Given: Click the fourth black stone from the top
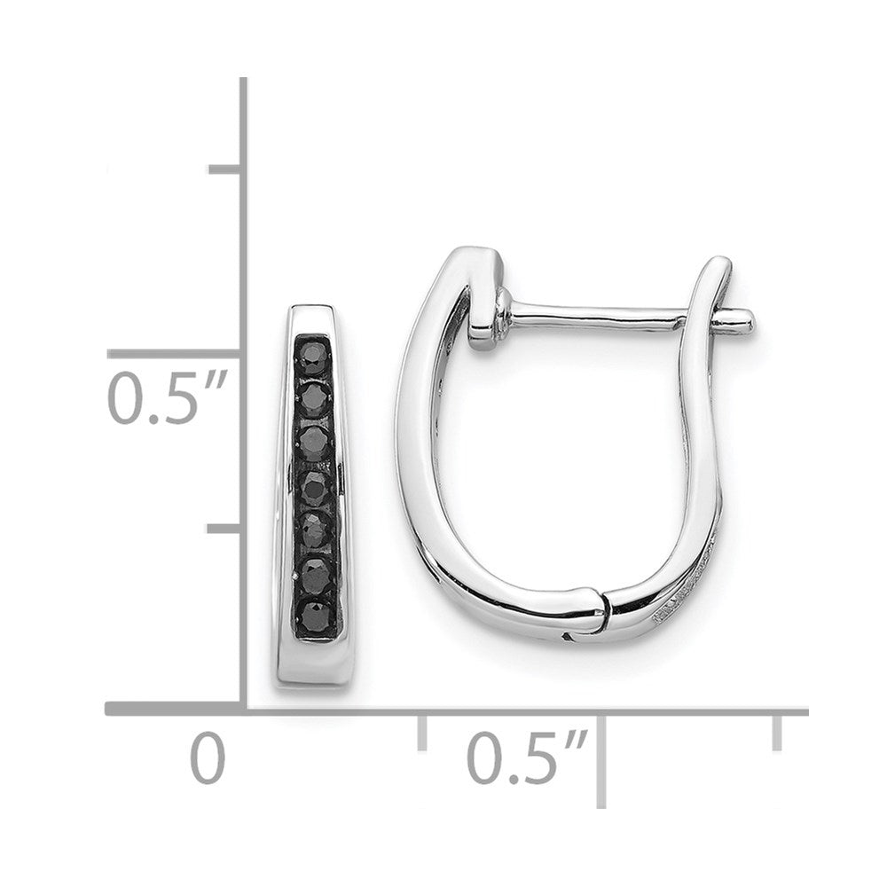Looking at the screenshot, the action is point(316,489).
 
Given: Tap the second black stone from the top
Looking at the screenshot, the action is point(314,399).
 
